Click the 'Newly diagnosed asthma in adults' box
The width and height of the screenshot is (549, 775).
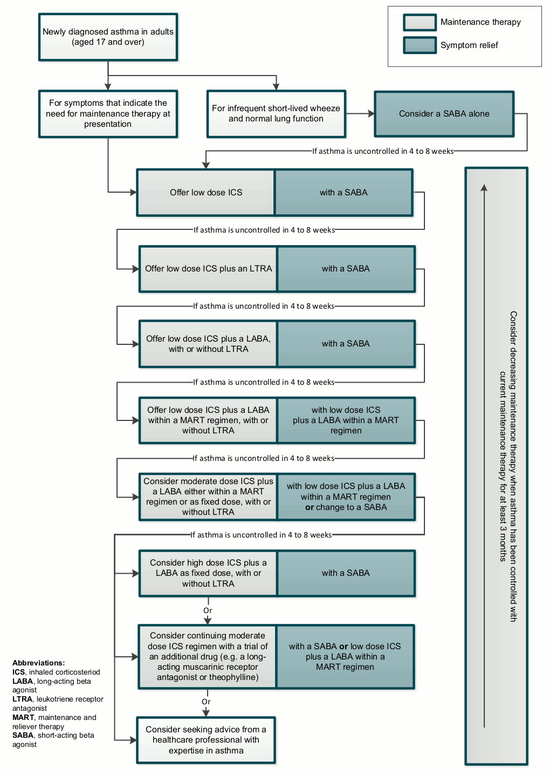[108, 37]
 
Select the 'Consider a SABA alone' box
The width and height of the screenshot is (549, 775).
[444, 114]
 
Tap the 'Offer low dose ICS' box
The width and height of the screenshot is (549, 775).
[206, 193]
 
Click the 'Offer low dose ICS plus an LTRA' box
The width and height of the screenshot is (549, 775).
[208, 269]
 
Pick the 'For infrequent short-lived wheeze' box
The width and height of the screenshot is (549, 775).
[276, 113]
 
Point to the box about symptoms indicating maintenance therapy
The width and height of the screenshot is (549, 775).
[108, 113]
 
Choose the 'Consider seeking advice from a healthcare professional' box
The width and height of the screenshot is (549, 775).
[206, 740]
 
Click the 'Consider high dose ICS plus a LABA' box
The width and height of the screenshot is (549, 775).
[208, 573]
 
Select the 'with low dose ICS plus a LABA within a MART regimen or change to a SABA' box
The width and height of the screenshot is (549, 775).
[346, 497]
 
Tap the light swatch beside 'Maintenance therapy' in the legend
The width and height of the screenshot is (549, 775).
[420, 22]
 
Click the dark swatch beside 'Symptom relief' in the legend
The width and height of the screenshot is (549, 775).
[420, 45]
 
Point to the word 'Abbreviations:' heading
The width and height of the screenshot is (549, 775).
[38, 663]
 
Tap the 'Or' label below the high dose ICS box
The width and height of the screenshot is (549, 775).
[208, 610]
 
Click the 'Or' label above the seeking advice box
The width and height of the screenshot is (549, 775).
[206, 702]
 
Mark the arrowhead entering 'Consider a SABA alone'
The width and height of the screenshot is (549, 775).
[371, 114]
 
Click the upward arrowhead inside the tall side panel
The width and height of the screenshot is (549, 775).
[484, 187]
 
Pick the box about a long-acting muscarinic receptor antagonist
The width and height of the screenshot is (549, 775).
[208, 656]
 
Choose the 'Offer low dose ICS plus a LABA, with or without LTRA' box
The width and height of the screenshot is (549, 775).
[208, 344]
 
